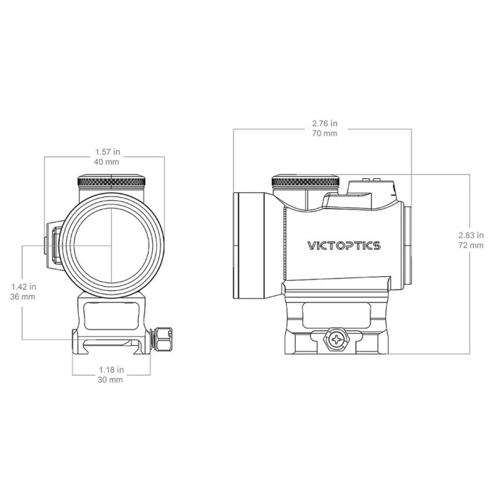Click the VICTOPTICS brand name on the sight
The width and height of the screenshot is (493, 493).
(x=344, y=246)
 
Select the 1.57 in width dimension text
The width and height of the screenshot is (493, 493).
(x=108, y=151)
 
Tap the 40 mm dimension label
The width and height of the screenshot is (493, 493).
(x=108, y=162)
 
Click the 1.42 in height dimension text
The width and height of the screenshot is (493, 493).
(x=24, y=287)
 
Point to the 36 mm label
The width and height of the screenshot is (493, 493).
(x=24, y=297)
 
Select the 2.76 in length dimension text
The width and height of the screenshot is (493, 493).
(x=324, y=123)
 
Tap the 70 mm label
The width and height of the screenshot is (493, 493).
(x=324, y=134)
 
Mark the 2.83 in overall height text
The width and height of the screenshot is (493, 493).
(x=470, y=235)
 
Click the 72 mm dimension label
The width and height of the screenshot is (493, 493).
(x=470, y=246)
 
